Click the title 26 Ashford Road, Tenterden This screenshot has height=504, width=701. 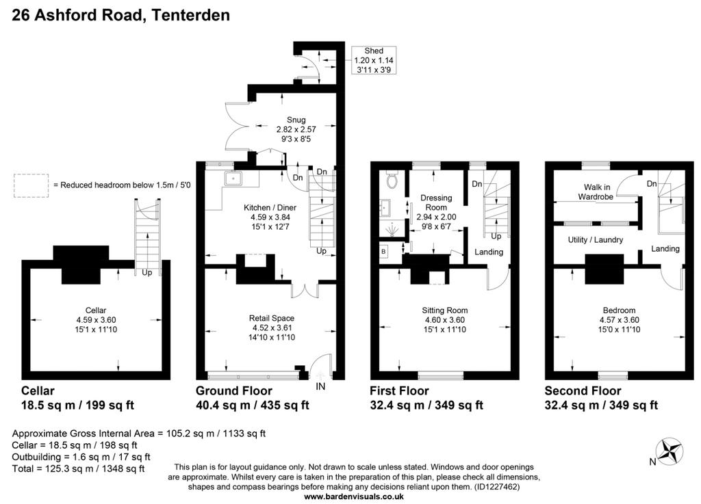tap(120, 15)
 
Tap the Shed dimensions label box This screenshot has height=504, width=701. tap(374, 60)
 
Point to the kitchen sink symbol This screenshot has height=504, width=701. tap(233, 178)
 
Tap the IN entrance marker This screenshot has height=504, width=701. tap(320, 386)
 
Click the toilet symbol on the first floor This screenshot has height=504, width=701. tap(392, 179)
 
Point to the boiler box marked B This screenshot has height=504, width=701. tap(384, 252)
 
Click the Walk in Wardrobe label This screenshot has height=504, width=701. tap(596, 192)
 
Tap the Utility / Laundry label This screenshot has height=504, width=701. tap(596, 240)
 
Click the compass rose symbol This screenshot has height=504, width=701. tap(670, 451)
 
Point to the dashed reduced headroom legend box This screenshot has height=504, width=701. tap(31, 186)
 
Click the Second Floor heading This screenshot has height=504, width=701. tap(583, 391)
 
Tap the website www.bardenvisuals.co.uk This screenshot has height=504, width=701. tap(354, 496)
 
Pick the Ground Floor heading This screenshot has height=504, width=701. tap(234, 391)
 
